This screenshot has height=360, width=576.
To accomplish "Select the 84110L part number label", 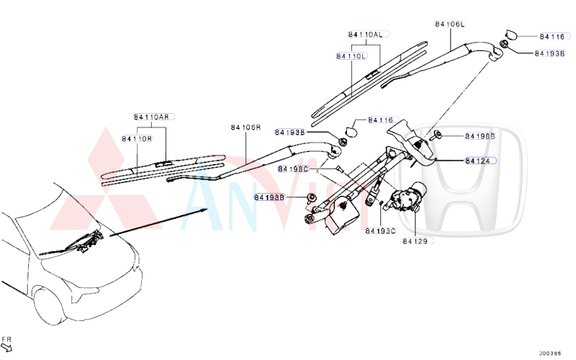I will [351, 55].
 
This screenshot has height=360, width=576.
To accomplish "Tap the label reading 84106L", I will [450, 24].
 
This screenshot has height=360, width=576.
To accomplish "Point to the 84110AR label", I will [152, 117].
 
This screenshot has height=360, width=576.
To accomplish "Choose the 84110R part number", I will [137, 138].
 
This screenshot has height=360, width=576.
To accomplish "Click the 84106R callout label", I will [245, 127].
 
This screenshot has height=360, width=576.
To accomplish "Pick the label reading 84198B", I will [480, 135].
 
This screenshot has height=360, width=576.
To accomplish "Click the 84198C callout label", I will [293, 168].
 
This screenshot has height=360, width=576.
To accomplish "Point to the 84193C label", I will [380, 231].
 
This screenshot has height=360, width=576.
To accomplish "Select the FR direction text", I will [6, 338].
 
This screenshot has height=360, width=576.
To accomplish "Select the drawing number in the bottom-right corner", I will [551, 353].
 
